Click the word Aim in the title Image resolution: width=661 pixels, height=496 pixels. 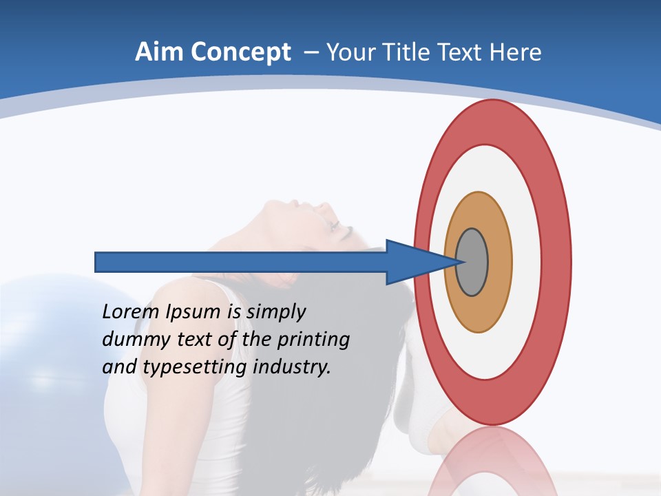[156, 52]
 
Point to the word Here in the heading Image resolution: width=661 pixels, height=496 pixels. [516, 52]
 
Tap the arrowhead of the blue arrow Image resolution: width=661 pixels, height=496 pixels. [413, 262]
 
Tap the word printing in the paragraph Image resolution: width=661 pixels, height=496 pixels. [317, 340]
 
